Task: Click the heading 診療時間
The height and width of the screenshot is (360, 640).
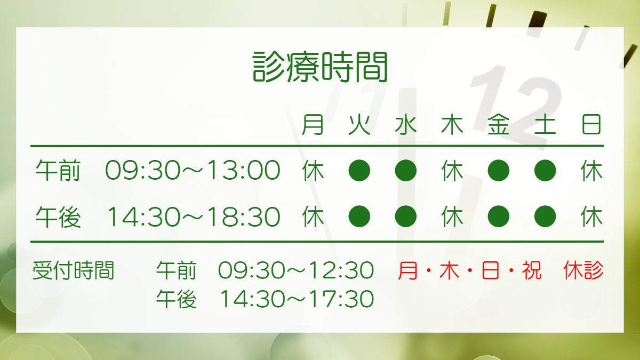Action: (x=320, y=67)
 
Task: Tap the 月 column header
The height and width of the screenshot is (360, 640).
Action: (x=313, y=125)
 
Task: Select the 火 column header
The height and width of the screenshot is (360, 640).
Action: (x=359, y=125)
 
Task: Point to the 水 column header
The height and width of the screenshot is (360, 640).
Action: (x=406, y=125)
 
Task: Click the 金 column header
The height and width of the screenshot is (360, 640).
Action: (x=499, y=125)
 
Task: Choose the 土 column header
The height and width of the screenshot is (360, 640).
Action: (x=545, y=125)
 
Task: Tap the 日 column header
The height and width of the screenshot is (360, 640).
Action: (x=591, y=125)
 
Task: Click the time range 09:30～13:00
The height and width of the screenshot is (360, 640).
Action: (x=193, y=170)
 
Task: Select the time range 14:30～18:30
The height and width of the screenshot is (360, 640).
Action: (x=194, y=217)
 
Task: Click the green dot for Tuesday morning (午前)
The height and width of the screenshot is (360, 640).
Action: (x=359, y=171)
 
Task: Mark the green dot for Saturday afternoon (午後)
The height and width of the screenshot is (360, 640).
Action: (x=545, y=217)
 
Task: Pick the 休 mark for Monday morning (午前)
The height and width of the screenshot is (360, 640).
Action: (x=313, y=171)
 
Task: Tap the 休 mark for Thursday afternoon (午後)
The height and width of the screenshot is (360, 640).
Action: (x=452, y=217)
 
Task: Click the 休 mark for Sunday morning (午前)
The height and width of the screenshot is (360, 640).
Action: (x=591, y=171)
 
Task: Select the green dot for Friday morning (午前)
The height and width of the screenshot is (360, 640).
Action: (x=499, y=171)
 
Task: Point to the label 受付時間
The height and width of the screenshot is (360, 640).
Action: (x=74, y=270)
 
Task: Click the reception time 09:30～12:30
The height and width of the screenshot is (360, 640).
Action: (x=296, y=270)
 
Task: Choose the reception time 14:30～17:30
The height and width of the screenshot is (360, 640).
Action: (x=297, y=299)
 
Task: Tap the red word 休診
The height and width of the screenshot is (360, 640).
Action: (x=583, y=270)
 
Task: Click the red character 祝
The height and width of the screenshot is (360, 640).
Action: (x=532, y=270)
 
